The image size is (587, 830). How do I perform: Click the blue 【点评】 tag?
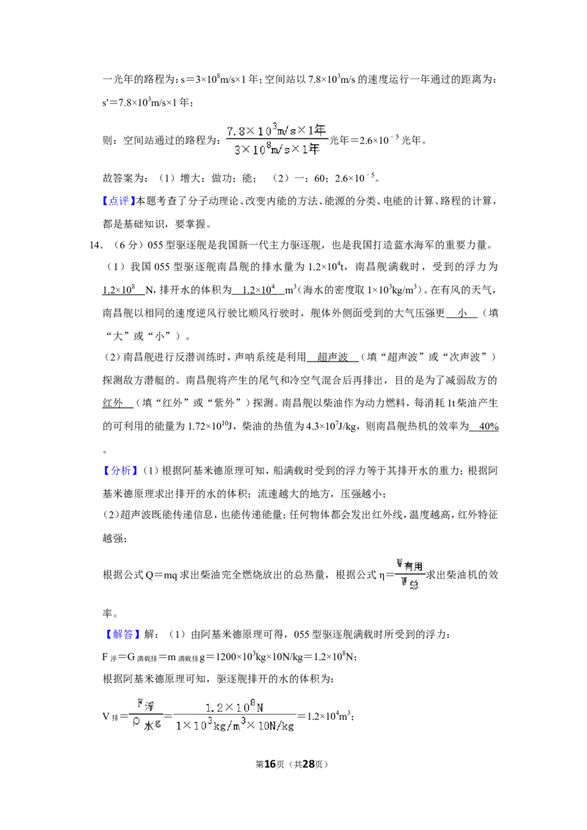[x=119, y=201]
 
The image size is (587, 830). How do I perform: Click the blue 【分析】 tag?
[x=120, y=471]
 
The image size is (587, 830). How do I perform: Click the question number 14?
[x=95, y=245]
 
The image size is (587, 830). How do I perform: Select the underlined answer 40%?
[x=488, y=426]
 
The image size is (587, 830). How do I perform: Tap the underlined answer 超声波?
[x=332, y=357]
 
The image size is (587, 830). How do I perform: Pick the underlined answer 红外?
[x=112, y=403]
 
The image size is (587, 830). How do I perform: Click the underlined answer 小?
[x=462, y=313]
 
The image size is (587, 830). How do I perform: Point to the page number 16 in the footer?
[x=270, y=764]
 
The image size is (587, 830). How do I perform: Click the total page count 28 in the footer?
[x=309, y=764]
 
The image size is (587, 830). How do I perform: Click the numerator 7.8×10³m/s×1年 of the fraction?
[x=276, y=131]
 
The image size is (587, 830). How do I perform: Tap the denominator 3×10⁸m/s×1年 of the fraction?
[x=277, y=150]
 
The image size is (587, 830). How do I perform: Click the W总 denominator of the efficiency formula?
[x=409, y=584]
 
